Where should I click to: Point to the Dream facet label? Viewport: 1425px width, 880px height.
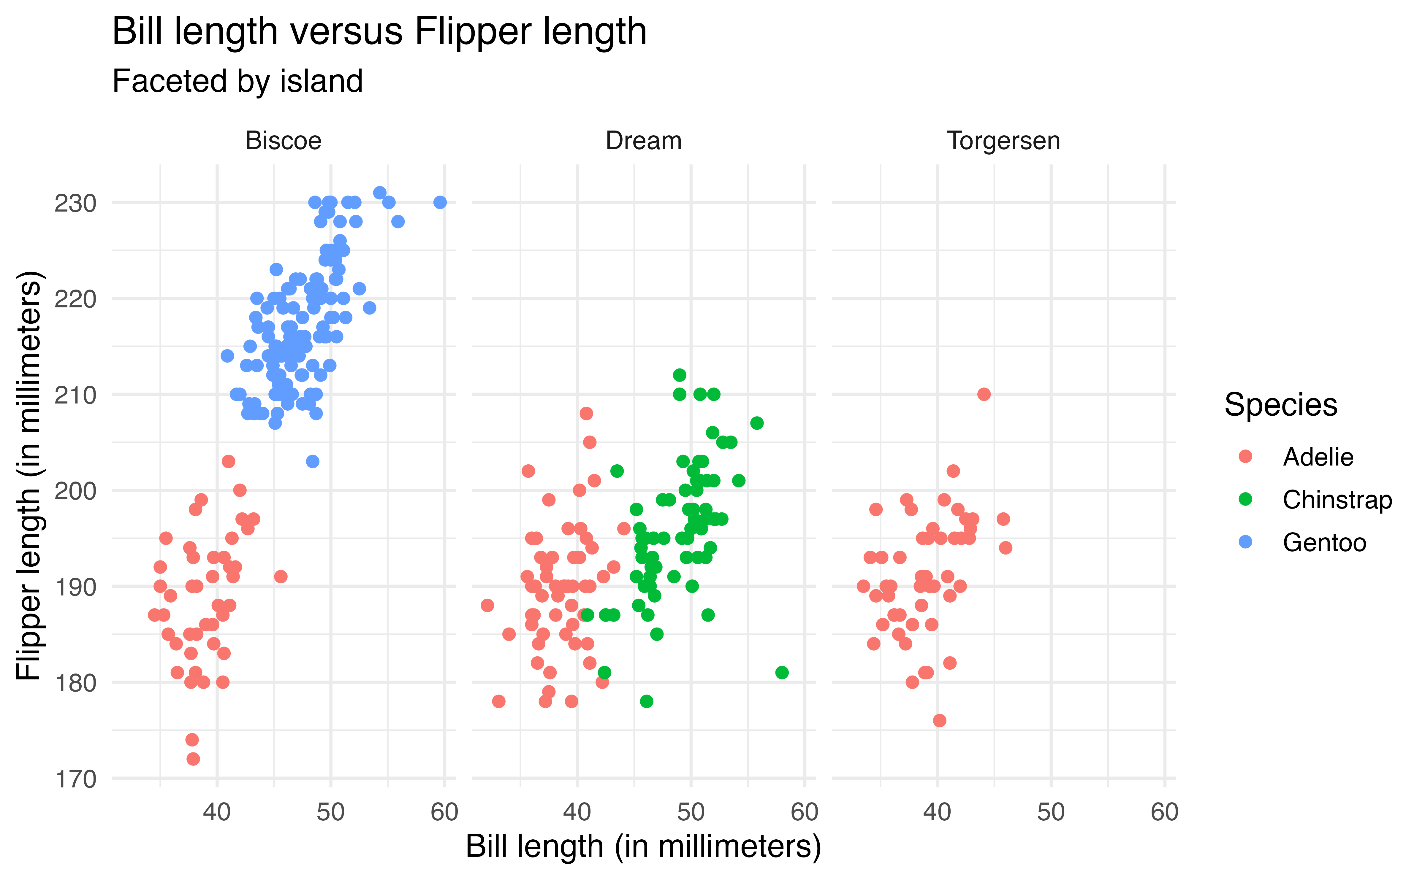[644, 141]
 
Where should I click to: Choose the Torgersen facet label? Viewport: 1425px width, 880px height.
[1003, 141]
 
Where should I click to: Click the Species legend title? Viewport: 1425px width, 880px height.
[1281, 404]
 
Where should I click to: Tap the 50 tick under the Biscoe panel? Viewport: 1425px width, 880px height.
[331, 812]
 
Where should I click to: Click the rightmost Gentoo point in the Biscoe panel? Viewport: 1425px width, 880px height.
[440, 202]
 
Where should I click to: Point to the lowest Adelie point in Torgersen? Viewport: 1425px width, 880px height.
[939, 721]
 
